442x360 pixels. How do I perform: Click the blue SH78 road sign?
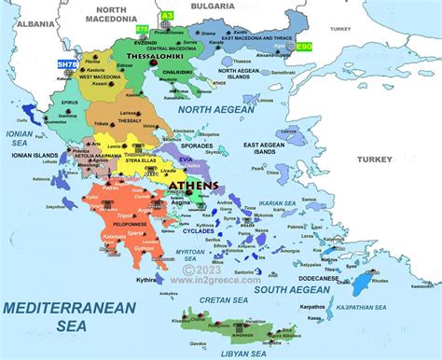[x=67, y=64]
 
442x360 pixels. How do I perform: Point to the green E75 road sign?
[x=142, y=29]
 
